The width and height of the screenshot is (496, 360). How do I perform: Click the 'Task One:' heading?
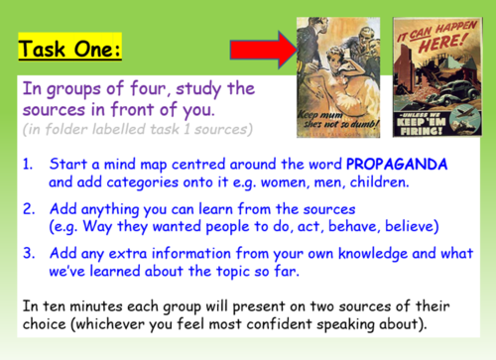[x=71, y=47]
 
